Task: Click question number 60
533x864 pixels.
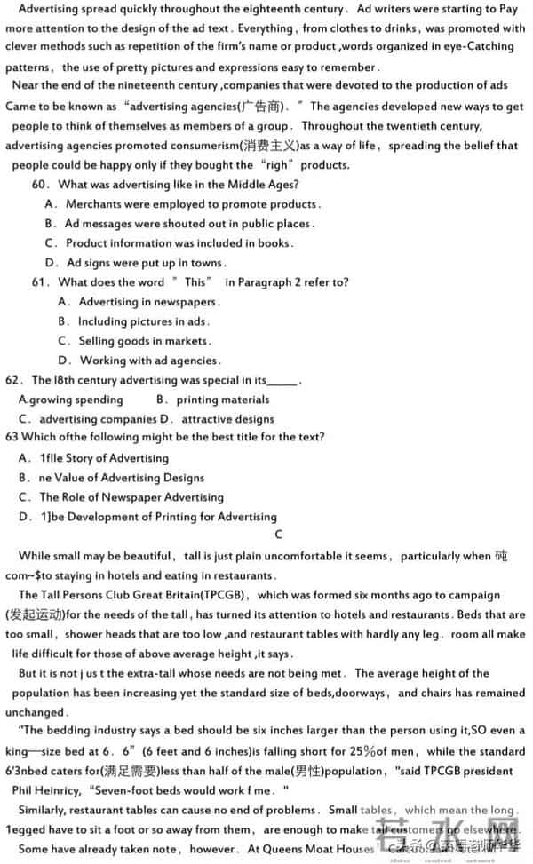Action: pos(40,184)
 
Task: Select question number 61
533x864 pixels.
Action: pos(40,281)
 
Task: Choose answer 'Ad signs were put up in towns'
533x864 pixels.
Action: pos(146,262)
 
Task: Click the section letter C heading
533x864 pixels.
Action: pos(279,535)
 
